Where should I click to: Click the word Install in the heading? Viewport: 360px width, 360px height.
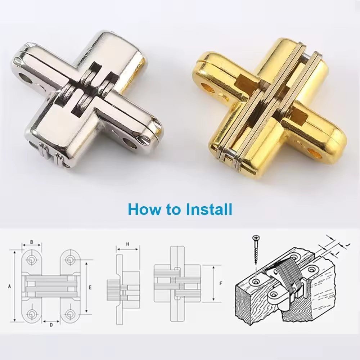209,209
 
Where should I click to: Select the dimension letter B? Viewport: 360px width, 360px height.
32,242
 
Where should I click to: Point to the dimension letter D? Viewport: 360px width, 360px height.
51,324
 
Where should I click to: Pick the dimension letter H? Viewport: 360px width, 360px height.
127,244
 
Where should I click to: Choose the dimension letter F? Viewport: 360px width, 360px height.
220,283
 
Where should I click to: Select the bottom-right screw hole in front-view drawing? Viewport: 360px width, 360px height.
69,314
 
